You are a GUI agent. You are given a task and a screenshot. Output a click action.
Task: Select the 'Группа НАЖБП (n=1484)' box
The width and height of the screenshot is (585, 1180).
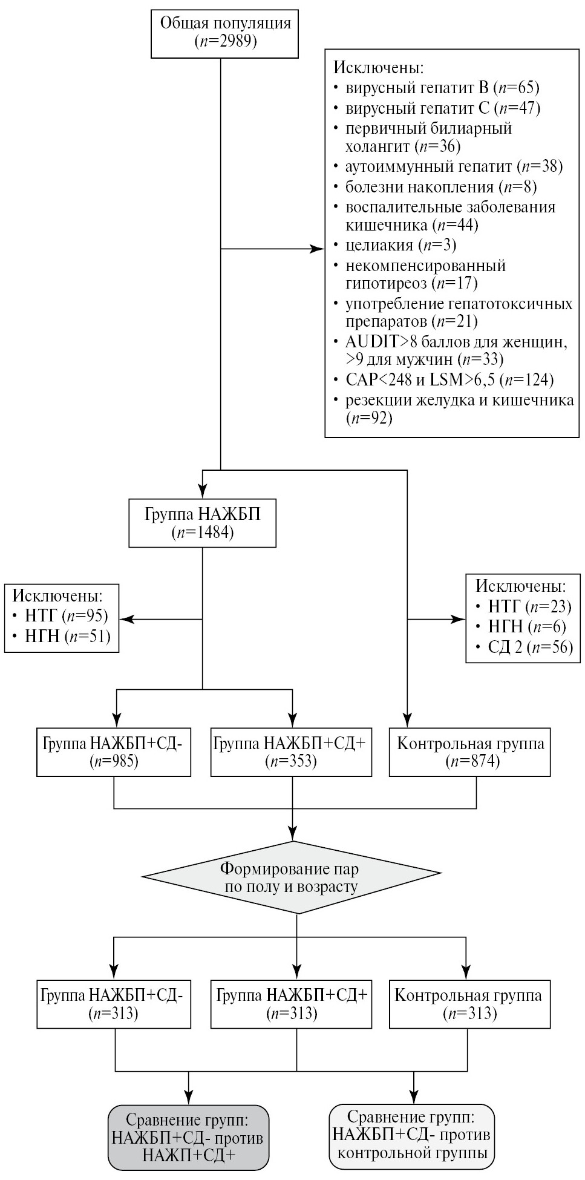tap(202, 523)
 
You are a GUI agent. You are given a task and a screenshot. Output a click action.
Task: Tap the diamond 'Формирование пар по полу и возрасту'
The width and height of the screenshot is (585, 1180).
tap(292, 878)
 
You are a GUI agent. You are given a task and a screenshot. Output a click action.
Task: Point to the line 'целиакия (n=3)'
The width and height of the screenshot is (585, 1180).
tap(400, 245)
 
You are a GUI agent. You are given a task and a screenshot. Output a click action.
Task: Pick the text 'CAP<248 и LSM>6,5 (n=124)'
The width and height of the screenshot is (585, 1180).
tap(449, 379)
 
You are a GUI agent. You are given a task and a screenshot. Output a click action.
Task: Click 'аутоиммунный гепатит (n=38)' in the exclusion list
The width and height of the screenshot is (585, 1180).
tap(454, 166)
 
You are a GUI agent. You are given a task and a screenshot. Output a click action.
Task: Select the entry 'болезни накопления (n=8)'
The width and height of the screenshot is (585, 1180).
tap(441, 187)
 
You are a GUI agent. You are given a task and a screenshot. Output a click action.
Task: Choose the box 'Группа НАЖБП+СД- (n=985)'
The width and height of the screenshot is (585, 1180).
tap(114, 752)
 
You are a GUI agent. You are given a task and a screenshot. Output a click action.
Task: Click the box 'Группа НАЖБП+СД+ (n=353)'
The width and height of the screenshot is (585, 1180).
tap(292, 752)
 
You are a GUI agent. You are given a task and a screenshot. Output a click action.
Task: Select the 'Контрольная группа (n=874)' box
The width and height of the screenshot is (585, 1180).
tap(470, 752)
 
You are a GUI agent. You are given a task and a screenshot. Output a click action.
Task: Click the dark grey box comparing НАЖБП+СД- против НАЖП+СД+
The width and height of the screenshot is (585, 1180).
tap(188, 1138)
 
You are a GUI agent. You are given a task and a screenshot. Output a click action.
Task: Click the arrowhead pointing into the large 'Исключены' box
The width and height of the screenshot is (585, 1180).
tap(318, 249)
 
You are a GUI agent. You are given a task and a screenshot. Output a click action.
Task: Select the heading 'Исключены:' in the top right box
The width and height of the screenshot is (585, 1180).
tap(379, 67)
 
